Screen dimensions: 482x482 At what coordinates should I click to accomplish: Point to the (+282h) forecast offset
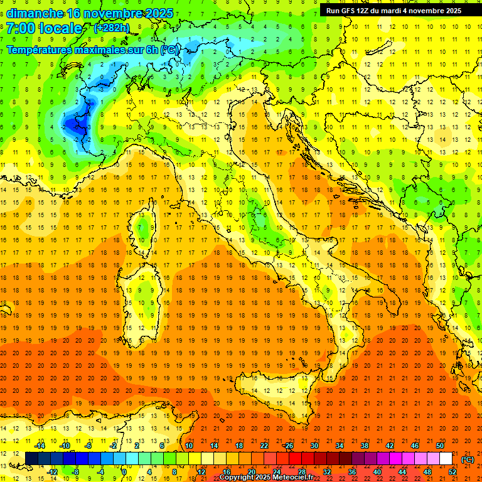pos(112,28)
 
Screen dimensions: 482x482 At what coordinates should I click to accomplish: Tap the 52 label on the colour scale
pos(453,472)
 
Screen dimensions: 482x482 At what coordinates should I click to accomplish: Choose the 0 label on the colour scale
pos(125,472)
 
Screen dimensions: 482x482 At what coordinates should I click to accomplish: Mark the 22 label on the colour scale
pos(264,446)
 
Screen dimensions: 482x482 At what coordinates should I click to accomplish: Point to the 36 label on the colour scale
pos(352,472)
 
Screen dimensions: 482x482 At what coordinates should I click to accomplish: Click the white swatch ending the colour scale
pos(446,459)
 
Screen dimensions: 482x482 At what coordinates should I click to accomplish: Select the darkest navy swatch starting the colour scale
pos(32,459)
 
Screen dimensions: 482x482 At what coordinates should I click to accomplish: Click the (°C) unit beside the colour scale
pos(468,459)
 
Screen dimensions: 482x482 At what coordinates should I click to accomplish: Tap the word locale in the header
pos(60,28)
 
